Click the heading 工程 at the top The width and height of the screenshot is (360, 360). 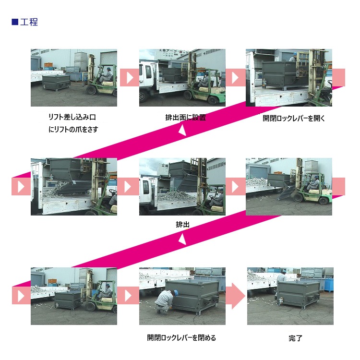coord(29,22)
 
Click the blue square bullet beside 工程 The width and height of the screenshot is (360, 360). coord(15,22)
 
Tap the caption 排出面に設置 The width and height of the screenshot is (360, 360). coord(185,118)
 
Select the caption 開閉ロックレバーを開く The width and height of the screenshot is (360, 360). coord(294,118)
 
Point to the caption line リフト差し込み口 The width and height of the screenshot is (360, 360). coord(72,117)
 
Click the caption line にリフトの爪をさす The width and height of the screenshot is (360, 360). coord(73,129)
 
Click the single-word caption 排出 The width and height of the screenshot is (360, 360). coord(182,224)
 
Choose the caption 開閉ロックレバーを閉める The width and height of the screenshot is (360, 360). coord(181,338)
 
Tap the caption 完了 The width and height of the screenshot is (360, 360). coord(296,338)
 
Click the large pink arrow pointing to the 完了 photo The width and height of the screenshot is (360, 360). coord(235,296)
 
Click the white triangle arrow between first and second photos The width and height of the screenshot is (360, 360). coord(130,78)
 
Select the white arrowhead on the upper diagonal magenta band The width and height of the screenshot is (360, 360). coord(182,130)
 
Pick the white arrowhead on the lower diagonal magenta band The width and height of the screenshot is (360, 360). coord(182,239)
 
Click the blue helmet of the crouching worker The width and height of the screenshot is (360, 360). coord(176,293)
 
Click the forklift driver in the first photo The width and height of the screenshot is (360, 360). coord(107,74)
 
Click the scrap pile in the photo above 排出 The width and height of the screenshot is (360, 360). coord(176,196)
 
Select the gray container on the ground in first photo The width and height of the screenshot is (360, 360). coord(56,82)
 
